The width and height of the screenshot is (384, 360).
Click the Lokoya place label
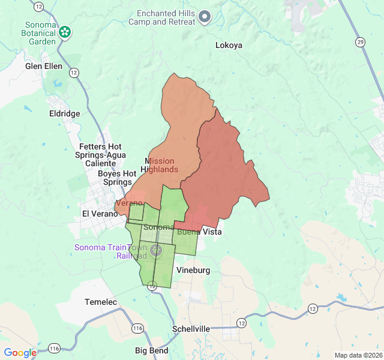229,45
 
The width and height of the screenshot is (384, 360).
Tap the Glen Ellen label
44,67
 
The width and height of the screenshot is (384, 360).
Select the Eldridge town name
64,113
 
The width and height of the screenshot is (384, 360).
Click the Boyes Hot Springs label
115,178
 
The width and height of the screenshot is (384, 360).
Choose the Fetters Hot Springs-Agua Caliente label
101,155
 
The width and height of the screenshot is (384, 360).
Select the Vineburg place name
193,271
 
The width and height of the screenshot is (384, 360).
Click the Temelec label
101,302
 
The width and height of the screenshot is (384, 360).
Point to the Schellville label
191,329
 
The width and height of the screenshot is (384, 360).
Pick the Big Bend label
151,350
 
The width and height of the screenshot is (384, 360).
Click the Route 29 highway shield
360,41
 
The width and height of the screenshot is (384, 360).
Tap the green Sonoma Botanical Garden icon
64,32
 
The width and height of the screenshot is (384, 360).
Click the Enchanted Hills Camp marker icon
205,17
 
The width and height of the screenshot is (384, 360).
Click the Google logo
20,353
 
